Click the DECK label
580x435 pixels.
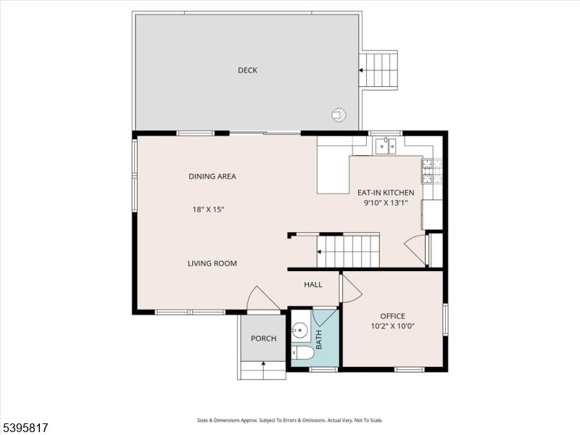click(247, 70)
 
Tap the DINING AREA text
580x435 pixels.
click(212, 176)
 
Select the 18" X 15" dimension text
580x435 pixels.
click(208, 210)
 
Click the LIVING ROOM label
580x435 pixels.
click(212, 263)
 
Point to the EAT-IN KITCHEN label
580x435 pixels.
click(386, 193)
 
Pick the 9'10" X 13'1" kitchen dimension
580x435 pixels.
click(386, 203)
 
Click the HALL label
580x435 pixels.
click(313, 285)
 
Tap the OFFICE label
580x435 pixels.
click(392, 316)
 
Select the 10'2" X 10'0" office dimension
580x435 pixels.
click(392, 326)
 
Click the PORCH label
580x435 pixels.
click(262, 339)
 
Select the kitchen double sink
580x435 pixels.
click(384, 147)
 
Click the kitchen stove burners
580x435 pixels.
click(427, 171)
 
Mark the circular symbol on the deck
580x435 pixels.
click(338, 114)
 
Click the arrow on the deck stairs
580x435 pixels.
click(361, 70)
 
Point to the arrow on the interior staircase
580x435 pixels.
click(320, 252)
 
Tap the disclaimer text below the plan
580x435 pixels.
click(289, 420)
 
